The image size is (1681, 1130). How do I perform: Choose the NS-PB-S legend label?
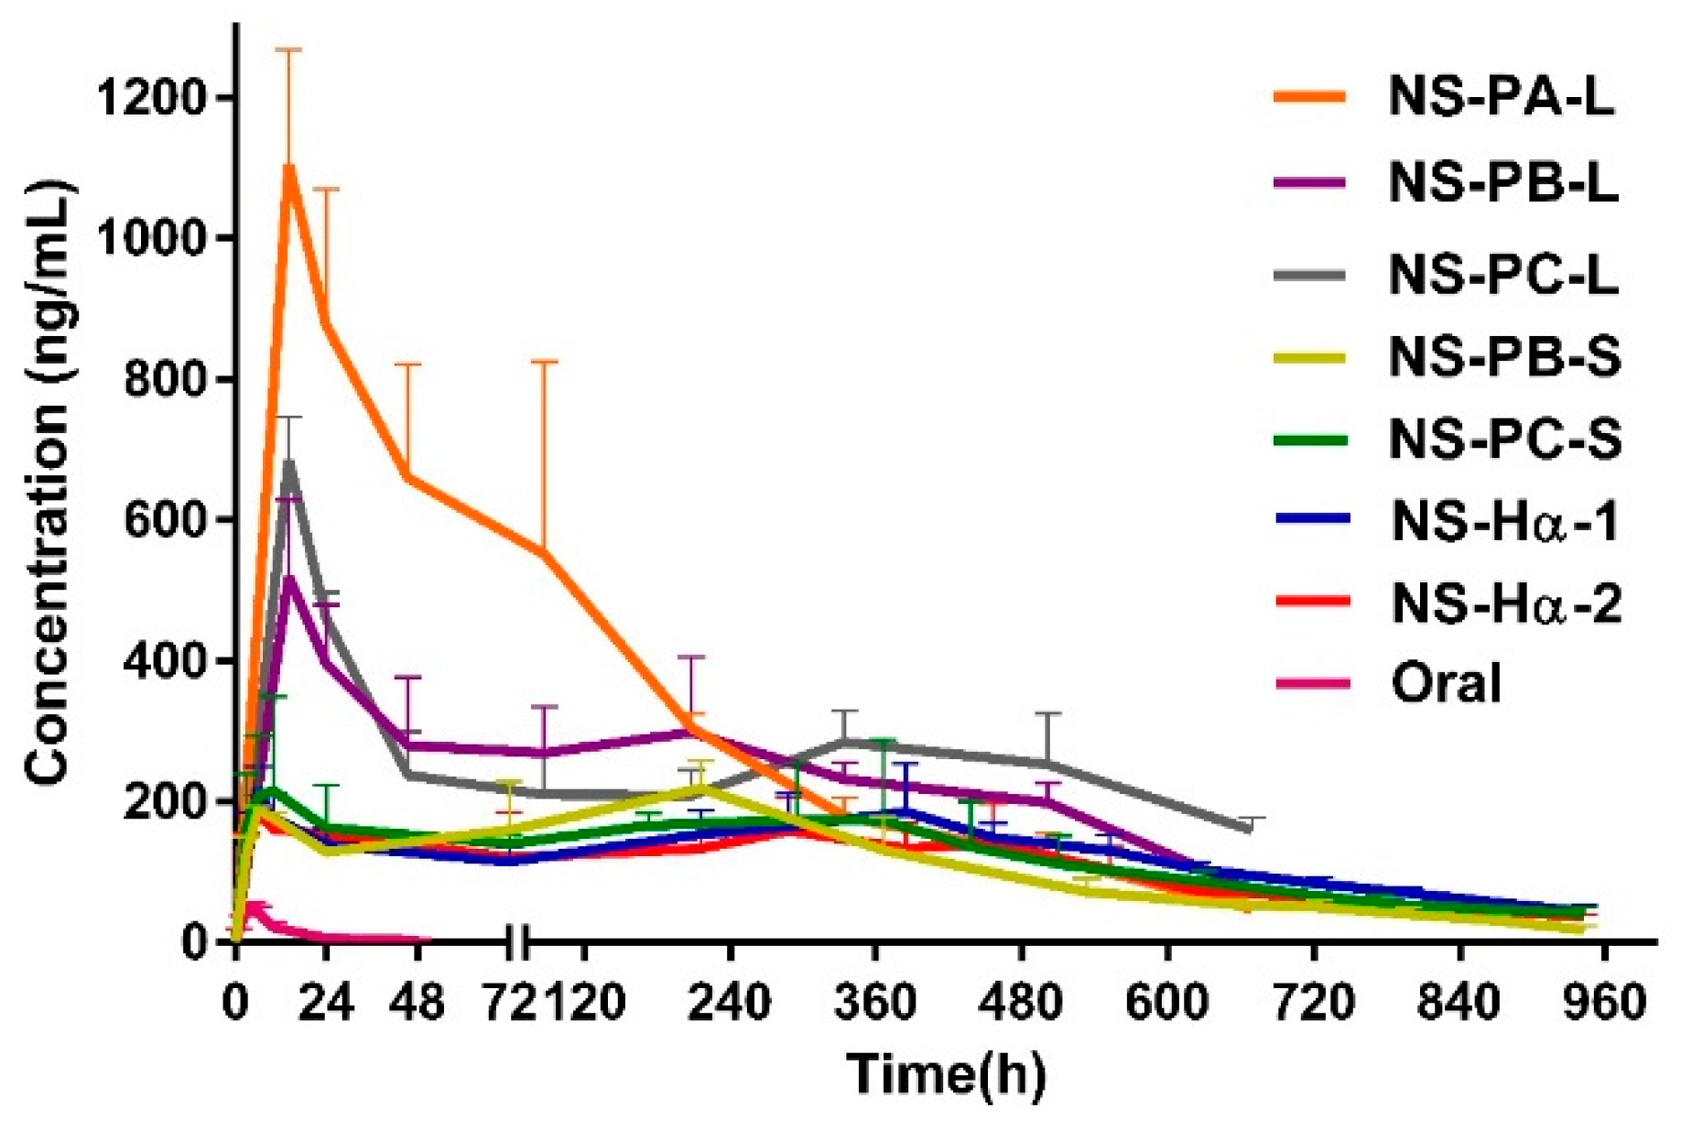tap(1504, 356)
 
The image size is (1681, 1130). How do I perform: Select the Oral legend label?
tap(1447, 683)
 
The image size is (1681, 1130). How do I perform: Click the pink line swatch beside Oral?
tap(1312, 683)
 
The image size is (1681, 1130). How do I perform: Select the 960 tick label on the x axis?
tap(1602, 1003)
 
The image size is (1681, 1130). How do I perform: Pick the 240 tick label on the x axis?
tap(729, 1003)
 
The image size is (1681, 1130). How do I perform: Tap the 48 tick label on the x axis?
tap(417, 1003)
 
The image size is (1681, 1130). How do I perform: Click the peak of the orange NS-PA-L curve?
tap(289, 168)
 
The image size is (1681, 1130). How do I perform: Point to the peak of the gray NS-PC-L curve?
tap(289, 463)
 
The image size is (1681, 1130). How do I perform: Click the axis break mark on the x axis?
tap(518, 940)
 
